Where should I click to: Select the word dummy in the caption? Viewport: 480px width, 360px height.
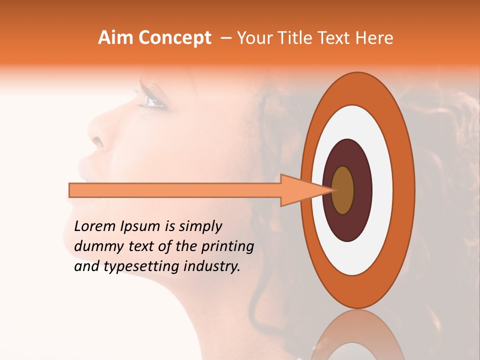pos(95,246)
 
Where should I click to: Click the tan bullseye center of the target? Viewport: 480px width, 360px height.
pos(342,190)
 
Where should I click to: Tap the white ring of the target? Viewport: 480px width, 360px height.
pos(382,190)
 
